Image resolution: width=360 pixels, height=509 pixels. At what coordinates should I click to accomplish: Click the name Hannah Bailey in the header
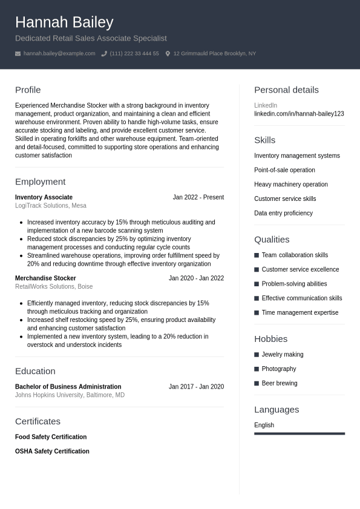[64, 22]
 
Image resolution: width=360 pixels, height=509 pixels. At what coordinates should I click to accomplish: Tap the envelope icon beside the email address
[18, 54]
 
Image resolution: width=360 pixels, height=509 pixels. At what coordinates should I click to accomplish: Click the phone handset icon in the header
[104, 54]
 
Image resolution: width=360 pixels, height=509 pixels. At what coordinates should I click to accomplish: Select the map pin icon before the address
[168, 54]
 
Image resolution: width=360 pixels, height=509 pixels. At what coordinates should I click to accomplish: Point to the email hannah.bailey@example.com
[59, 54]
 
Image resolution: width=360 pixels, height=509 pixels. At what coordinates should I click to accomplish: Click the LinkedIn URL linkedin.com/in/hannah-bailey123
[299, 114]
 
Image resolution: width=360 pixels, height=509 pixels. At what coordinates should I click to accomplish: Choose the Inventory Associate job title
[44, 197]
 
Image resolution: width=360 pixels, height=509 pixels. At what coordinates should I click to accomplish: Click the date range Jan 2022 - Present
[198, 197]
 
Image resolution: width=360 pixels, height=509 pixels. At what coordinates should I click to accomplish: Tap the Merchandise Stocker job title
[45, 278]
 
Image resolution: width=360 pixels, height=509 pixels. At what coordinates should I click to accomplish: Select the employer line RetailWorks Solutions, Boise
[54, 287]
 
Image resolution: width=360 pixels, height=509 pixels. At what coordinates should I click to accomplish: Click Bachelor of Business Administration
[68, 387]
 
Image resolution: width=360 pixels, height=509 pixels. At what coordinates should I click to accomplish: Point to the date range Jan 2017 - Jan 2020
[196, 387]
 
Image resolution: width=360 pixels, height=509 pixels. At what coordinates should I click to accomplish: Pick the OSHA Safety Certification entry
[52, 452]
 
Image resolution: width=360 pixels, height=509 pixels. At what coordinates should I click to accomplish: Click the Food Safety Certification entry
[51, 437]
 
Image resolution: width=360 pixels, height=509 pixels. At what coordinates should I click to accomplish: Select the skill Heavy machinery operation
[291, 185]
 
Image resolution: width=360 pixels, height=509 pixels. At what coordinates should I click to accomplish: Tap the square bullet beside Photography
[257, 369]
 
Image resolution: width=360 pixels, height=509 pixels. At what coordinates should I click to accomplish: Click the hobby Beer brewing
[280, 384]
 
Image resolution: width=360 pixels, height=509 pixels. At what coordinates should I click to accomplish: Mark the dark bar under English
[299, 433]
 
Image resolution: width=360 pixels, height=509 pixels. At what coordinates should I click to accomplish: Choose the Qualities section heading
[272, 240]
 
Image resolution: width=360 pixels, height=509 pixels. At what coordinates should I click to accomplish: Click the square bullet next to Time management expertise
[257, 313]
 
